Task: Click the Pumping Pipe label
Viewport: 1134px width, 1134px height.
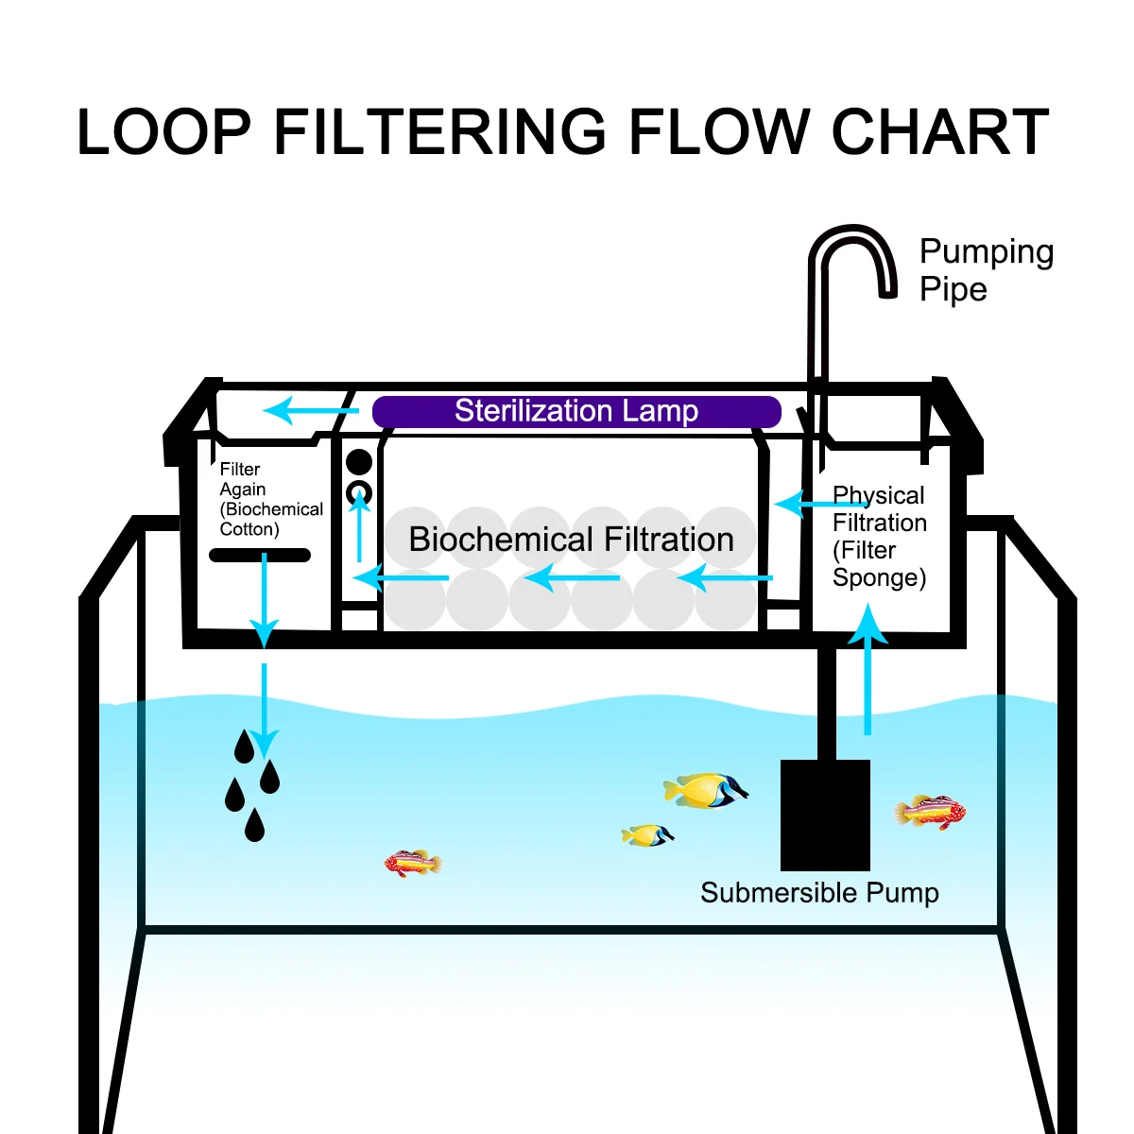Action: [987, 270]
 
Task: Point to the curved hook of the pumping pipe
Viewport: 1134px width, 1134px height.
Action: [852, 232]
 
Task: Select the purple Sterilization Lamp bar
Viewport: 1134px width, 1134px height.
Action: [576, 411]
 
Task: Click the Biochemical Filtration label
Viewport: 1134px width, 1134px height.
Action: [571, 539]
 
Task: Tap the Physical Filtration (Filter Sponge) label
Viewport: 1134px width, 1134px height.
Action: [879, 536]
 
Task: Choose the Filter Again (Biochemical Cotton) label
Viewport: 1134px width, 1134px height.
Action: [270, 499]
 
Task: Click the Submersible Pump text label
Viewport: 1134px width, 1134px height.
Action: [819, 893]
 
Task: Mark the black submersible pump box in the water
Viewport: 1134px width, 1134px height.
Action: [825, 815]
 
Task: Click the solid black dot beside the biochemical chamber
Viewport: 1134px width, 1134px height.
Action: [359, 462]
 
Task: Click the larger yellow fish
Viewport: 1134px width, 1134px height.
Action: [706, 790]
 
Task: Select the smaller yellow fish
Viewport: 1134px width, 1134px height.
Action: [647, 835]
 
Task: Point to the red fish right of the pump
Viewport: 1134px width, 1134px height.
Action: [930, 812]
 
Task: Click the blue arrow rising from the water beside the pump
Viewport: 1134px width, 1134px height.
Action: [868, 668]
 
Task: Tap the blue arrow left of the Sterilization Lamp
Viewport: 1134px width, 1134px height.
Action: [311, 410]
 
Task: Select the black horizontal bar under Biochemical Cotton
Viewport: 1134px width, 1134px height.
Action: [260, 555]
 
